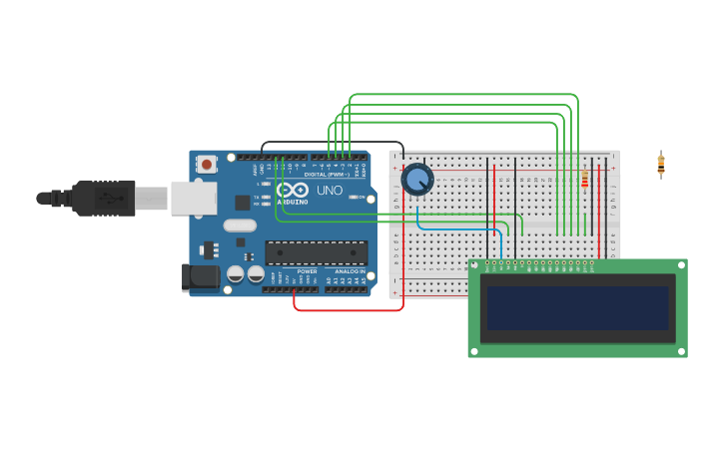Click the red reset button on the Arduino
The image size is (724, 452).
[x=206, y=164]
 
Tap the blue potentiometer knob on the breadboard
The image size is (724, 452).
[x=417, y=181]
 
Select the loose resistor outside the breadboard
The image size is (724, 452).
[x=660, y=164]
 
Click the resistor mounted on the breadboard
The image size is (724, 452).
[x=584, y=179]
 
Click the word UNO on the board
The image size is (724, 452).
[x=330, y=190]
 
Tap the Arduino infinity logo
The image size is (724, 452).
[x=294, y=190]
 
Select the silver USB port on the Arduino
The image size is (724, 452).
[x=193, y=198]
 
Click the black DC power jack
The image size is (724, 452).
[x=200, y=277]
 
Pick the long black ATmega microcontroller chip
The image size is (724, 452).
[x=316, y=252]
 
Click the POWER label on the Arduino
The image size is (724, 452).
[x=307, y=271]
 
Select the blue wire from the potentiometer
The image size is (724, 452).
[x=459, y=228]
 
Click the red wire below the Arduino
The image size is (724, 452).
[x=350, y=310]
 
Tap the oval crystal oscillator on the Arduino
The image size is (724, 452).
[x=240, y=226]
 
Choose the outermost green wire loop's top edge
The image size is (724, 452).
[x=464, y=95]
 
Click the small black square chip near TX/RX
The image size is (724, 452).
[x=243, y=202]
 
